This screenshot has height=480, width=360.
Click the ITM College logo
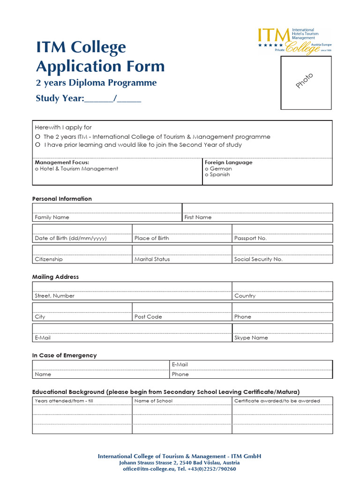[x=294, y=41]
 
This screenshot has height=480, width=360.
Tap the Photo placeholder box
[x=306, y=82]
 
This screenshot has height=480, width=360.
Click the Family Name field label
[x=52, y=217]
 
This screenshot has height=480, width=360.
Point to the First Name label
[x=198, y=217]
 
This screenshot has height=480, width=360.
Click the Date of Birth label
[x=70, y=238]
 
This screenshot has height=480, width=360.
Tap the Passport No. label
[x=250, y=238]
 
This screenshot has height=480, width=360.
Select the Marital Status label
[x=152, y=259]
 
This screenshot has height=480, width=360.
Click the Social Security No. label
[x=258, y=259]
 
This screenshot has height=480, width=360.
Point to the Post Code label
[x=148, y=317]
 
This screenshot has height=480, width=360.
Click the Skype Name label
[x=251, y=337]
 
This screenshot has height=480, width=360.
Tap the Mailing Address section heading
[x=55, y=277]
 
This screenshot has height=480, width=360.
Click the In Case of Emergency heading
[x=64, y=355]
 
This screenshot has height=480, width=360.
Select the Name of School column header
[x=153, y=401]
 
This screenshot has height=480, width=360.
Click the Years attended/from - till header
[x=64, y=401]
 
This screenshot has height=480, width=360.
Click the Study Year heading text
[x=60, y=98]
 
